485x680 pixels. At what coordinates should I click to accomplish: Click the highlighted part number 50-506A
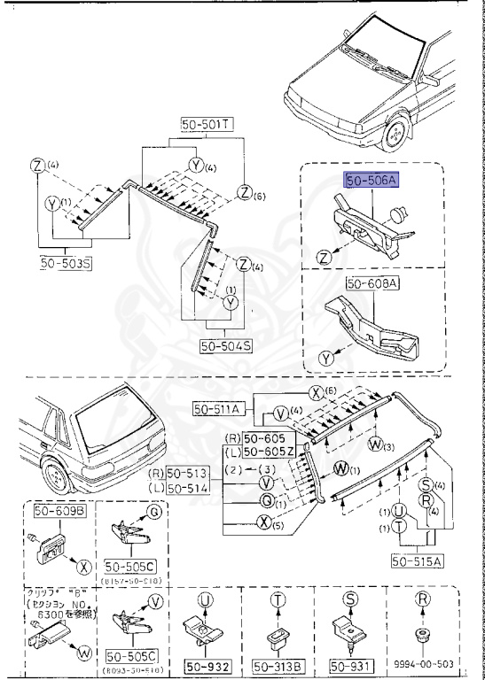[x=372, y=180]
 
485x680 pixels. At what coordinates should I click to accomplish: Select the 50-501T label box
[x=206, y=126]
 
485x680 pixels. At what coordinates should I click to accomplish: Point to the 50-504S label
[x=228, y=344]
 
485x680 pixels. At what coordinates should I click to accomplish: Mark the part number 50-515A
[x=417, y=560]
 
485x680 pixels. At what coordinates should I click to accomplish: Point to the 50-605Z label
[x=272, y=452]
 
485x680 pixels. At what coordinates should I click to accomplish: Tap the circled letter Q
[x=265, y=499]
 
